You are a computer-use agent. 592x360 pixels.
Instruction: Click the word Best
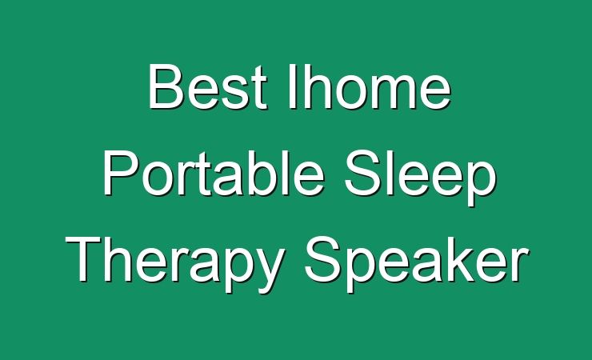pos(208,86)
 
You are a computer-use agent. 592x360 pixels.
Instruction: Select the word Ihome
pos(370,86)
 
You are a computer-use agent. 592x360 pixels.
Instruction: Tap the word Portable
pos(214,173)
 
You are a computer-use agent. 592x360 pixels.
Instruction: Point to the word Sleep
pos(420,178)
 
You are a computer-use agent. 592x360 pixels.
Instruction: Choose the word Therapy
pos(175,263)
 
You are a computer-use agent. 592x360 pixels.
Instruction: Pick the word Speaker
pos(417,263)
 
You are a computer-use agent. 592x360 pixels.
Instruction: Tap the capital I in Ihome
pos(293,86)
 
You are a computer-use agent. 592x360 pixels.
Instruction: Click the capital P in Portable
pos(120,173)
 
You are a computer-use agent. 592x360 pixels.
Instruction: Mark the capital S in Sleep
pos(362,173)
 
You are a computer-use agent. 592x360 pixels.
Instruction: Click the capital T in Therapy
pos(84,259)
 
